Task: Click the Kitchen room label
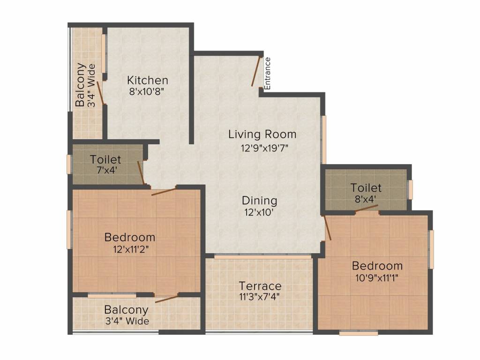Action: (148, 80)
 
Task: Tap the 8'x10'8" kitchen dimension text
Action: (148, 92)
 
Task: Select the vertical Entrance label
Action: (268, 74)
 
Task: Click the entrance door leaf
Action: (255, 71)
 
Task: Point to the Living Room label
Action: (262, 135)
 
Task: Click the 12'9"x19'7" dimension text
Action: (262, 149)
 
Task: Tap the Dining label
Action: (259, 201)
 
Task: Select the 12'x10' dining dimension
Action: (259, 212)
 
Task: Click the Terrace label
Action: (260, 286)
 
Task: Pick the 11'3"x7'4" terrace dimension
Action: (260, 297)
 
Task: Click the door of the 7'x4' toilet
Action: (141, 172)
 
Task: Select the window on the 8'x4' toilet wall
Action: (410, 189)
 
